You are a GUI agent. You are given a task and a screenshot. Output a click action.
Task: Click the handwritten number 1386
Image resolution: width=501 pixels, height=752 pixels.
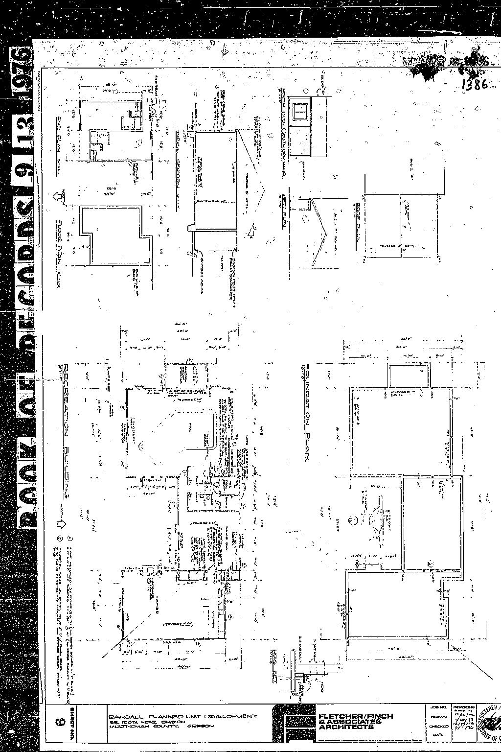point(474,84)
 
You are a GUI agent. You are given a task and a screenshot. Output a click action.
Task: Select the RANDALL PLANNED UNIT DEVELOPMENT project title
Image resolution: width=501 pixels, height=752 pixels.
point(182,716)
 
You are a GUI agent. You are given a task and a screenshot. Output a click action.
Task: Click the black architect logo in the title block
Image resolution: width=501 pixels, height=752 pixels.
point(294,722)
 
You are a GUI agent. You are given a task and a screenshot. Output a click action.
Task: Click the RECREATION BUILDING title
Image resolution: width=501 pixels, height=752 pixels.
point(66,430)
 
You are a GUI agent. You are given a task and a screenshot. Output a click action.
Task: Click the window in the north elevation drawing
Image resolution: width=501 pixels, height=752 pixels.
point(299,112)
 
